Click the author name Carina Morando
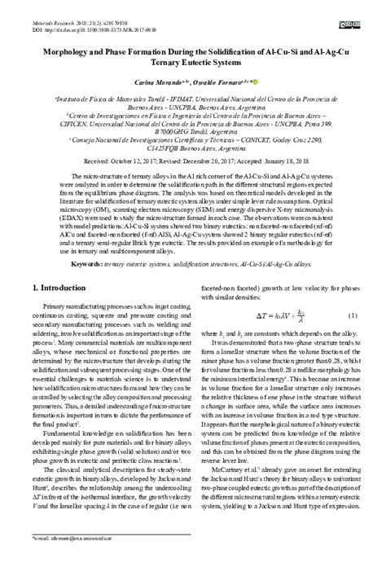coord(146,83)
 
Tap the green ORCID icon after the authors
coord(254,82)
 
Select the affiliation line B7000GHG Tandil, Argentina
coord(192,130)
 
